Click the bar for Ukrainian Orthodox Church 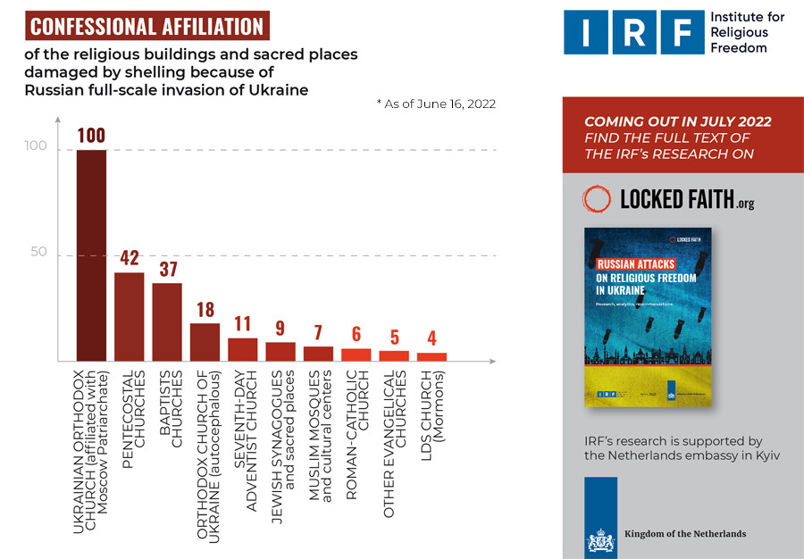click(x=91, y=254)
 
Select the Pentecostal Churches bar click(x=130, y=315)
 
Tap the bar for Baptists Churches click(x=167, y=321)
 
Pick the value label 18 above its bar click(x=205, y=311)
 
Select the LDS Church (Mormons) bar click(x=432, y=356)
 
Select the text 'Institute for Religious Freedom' click(x=747, y=32)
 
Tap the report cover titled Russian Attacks click(x=641, y=317)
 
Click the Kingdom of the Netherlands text click(x=685, y=534)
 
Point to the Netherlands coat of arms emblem click(x=599, y=539)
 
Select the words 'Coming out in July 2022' click(x=677, y=122)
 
